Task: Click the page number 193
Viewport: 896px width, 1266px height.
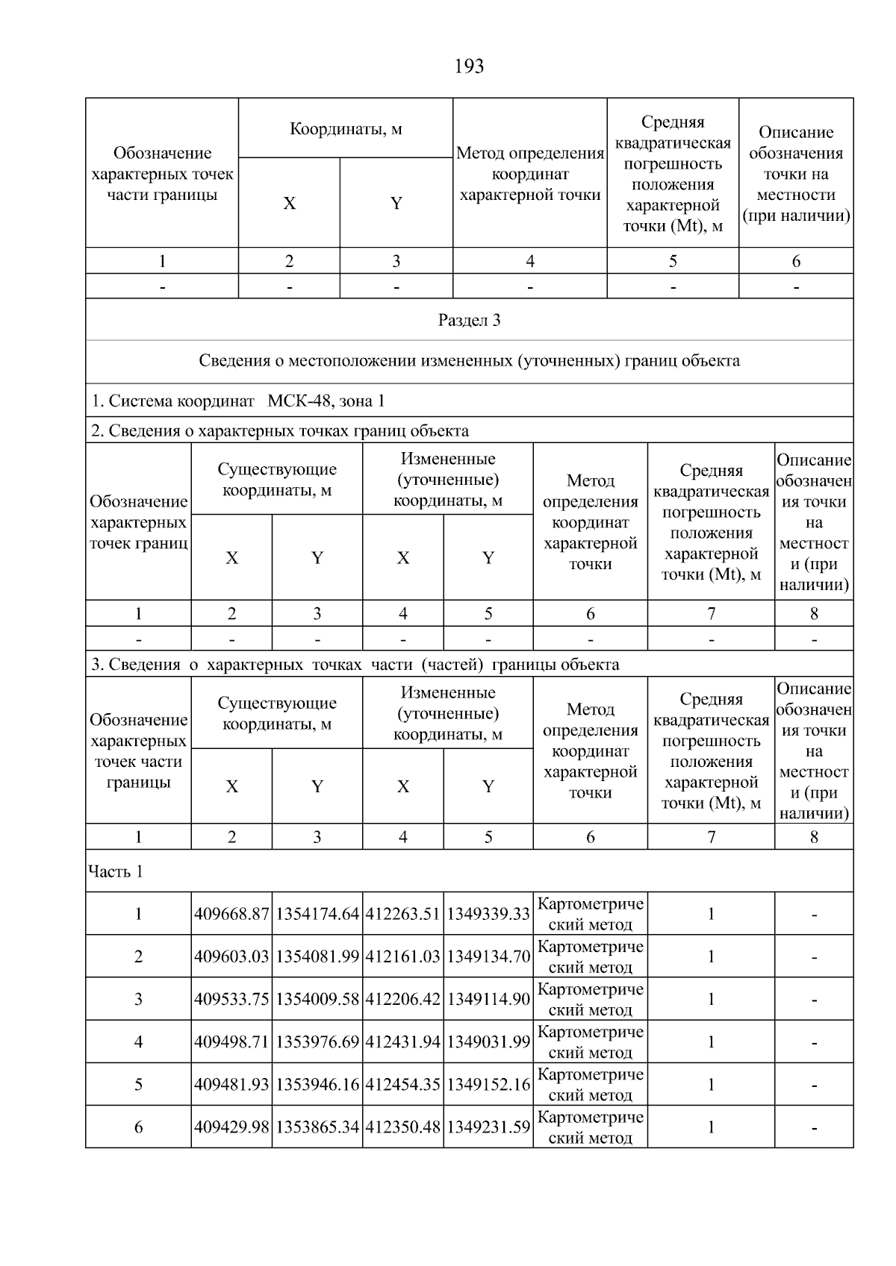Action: (469, 66)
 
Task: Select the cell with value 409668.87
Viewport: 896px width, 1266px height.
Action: (231, 914)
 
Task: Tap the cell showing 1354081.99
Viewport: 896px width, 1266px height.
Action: (317, 956)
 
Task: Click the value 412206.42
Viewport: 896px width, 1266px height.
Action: (402, 999)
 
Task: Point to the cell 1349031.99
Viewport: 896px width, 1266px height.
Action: (488, 1041)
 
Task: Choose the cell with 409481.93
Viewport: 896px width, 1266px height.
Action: (231, 1084)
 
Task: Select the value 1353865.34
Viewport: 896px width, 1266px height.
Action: (317, 1126)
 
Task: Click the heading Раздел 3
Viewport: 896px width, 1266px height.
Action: (469, 320)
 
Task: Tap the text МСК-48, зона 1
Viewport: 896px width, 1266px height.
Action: (326, 401)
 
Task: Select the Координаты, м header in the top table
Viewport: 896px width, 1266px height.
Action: (346, 129)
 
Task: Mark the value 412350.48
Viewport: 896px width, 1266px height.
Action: (402, 1126)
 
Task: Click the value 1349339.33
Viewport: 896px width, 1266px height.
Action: (488, 914)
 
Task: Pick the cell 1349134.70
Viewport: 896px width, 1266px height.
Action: (488, 956)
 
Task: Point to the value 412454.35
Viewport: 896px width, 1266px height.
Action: (402, 1084)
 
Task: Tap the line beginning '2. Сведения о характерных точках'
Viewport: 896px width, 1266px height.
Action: (280, 430)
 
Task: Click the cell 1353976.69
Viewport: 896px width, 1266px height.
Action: (317, 1041)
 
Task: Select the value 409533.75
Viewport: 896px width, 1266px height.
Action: (231, 999)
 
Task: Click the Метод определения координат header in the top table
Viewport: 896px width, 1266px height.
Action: (530, 174)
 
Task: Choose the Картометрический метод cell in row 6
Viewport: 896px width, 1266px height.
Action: (590, 1126)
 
